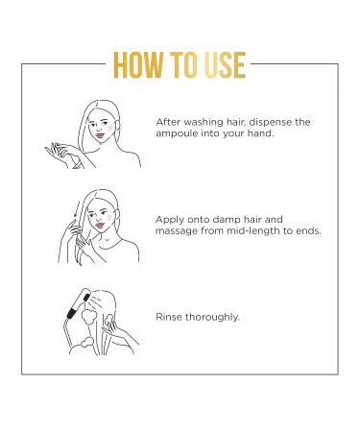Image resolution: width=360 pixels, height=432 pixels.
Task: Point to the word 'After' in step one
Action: coord(169,123)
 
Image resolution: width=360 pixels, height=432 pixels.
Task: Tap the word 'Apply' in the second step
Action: coord(170,218)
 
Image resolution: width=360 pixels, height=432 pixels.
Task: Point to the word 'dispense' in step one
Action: coord(277,123)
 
